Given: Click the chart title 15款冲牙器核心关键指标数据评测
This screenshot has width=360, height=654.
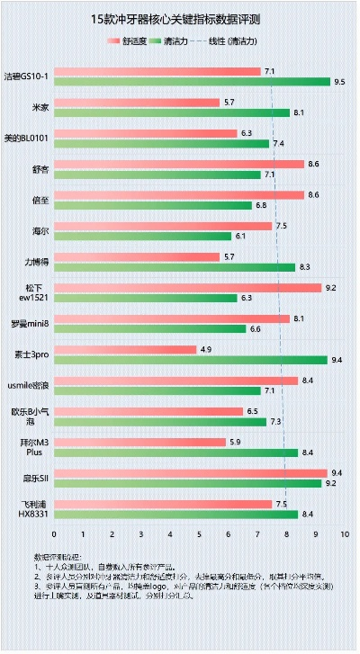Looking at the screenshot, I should (180, 19).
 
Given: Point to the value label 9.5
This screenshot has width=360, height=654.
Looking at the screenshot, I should (339, 82).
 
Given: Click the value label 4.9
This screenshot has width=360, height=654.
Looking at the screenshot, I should (206, 349).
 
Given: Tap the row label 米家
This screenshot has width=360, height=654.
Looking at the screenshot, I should (40, 107).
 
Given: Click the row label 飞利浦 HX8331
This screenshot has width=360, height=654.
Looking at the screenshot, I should (34, 508).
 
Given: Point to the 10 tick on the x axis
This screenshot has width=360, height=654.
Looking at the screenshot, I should (344, 534).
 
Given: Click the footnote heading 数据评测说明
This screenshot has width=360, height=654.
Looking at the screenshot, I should (56, 558).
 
